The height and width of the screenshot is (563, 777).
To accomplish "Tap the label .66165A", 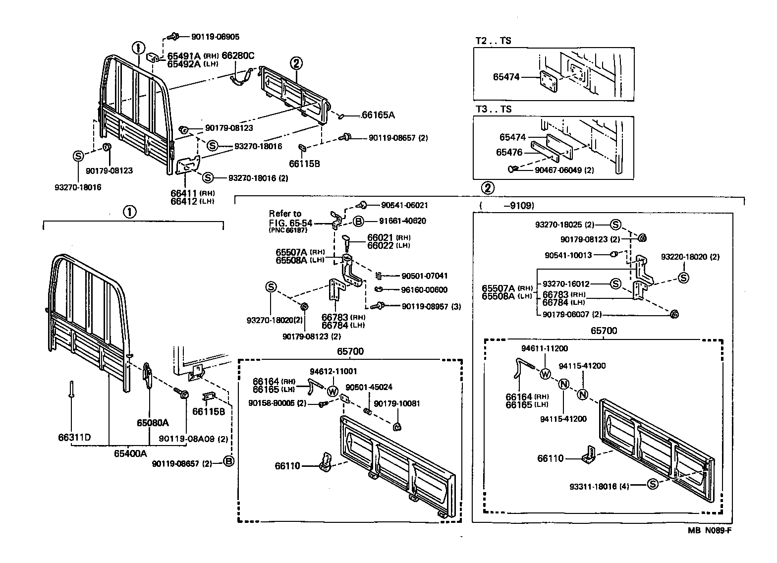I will pos(377,115).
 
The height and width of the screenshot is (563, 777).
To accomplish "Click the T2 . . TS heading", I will pos(493,41).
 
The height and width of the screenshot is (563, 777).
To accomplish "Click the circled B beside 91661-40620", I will pos(359,221).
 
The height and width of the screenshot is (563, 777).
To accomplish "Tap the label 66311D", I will pos(72,438).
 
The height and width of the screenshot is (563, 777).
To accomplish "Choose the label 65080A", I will pos(153,423).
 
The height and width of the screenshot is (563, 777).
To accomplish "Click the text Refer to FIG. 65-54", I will pos(291,219).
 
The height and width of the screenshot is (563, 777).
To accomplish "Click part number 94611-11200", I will pos(545,348).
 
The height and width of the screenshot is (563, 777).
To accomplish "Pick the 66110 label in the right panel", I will pos(550,458).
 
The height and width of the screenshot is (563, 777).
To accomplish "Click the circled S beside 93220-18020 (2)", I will pos(683,278).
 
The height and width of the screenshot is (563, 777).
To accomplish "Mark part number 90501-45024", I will pos(369,387).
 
